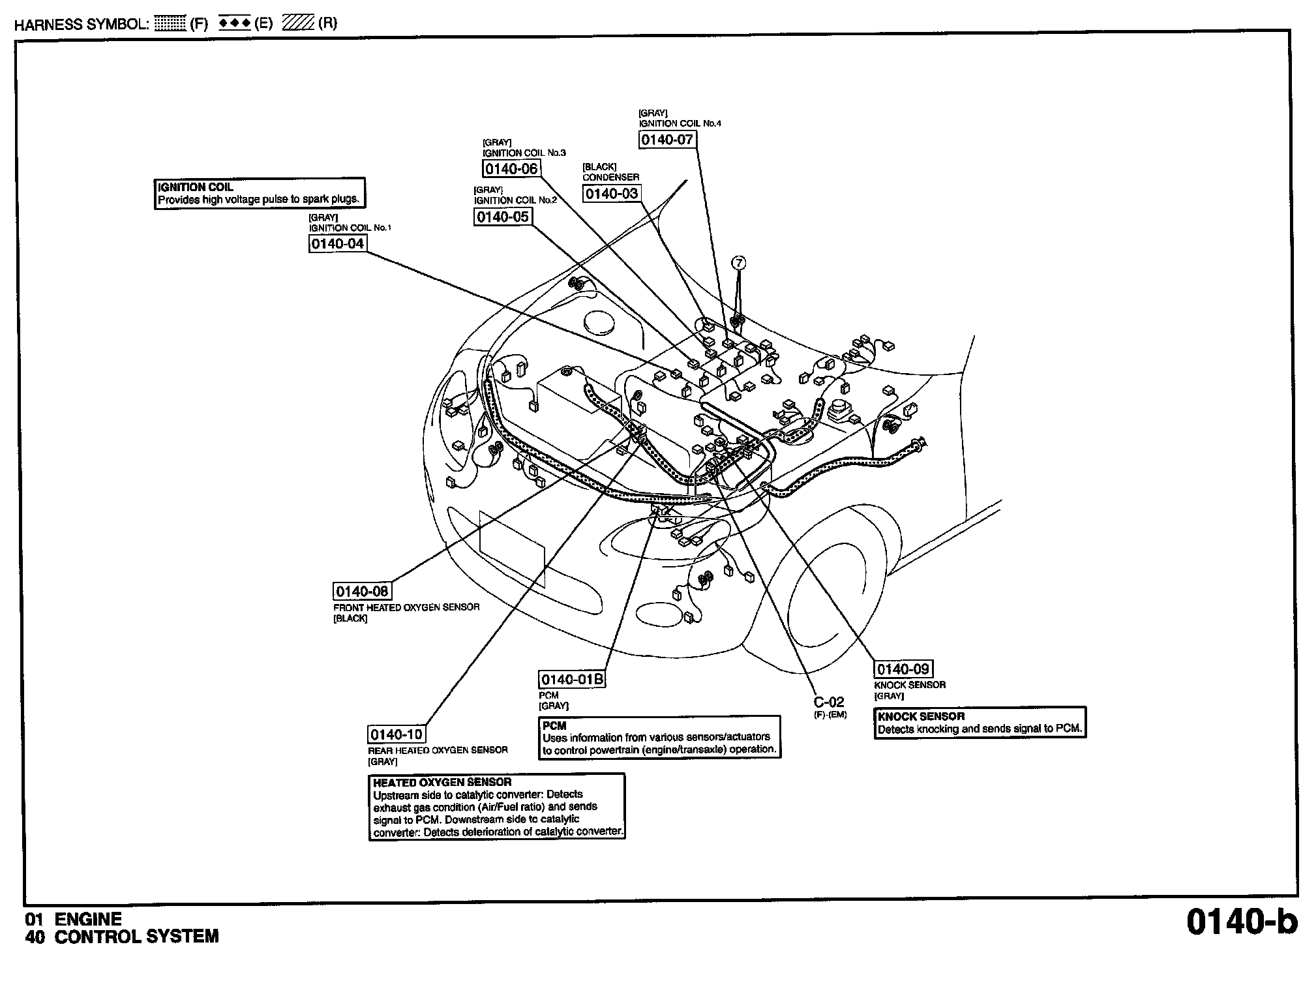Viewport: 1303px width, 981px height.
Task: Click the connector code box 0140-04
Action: pyautogui.click(x=337, y=244)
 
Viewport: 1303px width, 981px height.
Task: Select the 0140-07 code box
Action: pyautogui.click(x=666, y=140)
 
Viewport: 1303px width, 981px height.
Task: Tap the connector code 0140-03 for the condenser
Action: pyautogui.click(x=611, y=194)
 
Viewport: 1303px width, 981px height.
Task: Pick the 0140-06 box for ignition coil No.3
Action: pyautogui.click(x=511, y=169)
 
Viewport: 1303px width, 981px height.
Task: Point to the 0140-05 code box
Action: pyautogui.click(x=502, y=217)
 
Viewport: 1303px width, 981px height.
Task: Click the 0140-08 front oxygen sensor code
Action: pyautogui.click(x=362, y=592)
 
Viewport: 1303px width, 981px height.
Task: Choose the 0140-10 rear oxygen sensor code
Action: pyautogui.click(x=397, y=734)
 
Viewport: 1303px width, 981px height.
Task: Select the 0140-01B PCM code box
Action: pyautogui.click(x=572, y=680)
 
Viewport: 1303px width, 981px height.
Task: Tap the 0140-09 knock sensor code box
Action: pyautogui.click(x=903, y=669)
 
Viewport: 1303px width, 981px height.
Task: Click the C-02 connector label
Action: pyautogui.click(x=829, y=702)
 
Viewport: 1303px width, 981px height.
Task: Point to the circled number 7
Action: pyautogui.click(x=738, y=263)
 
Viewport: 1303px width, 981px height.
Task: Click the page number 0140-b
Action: pyautogui.click(x=1241, y=922)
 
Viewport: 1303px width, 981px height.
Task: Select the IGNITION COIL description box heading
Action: pyautogui.click(x=196, y=187)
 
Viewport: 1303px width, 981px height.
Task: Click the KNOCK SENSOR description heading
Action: pyautogui.click(x=921, y=716)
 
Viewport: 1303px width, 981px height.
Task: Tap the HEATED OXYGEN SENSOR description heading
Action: pyautogui.click(x=442, y=782)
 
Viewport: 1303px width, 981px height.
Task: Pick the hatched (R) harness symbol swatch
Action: pyautogui.click(x=299, y=24)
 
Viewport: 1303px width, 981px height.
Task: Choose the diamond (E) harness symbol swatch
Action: pyautogui.click(x=234, y=24)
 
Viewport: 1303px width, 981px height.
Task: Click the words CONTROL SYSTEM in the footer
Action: pyautogui.click(x=136, y=937)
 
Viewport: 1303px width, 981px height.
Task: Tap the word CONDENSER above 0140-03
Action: pyautogui.click(x=610, y=177)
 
